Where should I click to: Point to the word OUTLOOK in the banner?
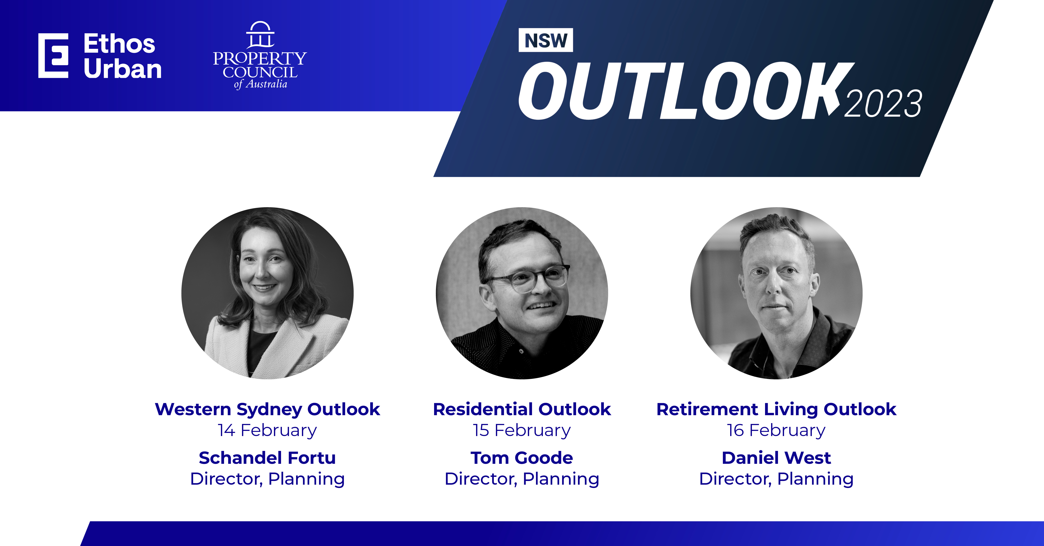685,91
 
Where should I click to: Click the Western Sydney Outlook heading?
267,410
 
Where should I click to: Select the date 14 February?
267,430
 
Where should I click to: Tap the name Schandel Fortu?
267,458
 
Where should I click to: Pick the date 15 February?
522,430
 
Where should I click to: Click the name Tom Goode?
522,458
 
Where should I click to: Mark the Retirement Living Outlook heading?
777,410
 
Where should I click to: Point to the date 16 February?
777,430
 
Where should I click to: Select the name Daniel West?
777,458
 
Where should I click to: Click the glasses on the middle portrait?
527,278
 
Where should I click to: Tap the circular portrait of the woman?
267,293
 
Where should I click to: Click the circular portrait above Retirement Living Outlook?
777,293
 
